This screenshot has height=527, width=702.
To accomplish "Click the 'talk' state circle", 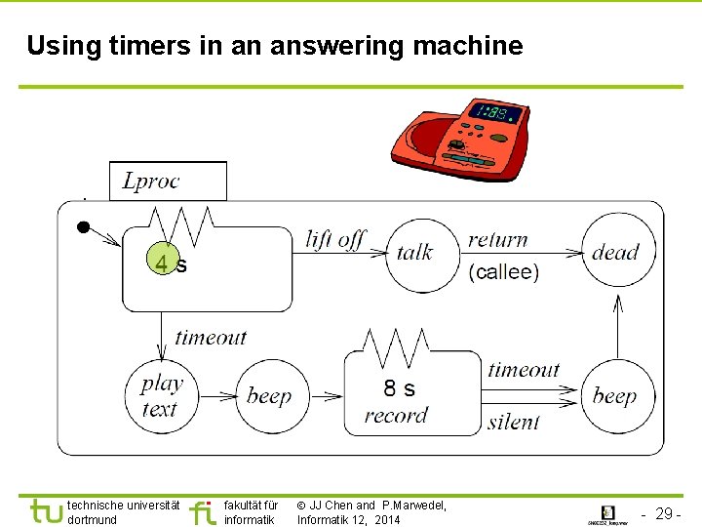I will (422, 256).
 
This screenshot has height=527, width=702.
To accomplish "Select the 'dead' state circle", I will (618, 253).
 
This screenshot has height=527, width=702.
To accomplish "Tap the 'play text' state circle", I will (161, 396).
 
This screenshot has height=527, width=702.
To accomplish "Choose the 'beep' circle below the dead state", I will (617, 396).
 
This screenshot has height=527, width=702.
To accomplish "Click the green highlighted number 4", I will (165, 263).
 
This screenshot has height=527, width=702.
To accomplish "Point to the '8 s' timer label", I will (399, 388).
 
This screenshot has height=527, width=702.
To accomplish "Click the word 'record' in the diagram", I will (396, 416).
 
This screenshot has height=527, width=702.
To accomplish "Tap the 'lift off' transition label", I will (334, 240).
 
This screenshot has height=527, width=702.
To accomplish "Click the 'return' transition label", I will (497, 240).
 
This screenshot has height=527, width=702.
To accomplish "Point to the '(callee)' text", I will (503, 272).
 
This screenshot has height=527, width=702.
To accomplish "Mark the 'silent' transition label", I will (513, 422).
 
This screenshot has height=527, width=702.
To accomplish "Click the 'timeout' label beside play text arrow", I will (211, 338).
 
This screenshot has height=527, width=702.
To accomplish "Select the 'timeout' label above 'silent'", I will (524, 370).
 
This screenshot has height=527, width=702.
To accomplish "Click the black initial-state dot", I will (84, 227).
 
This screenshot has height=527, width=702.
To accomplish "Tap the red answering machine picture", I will (459, 141).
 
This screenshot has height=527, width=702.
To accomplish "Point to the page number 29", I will (668, 513).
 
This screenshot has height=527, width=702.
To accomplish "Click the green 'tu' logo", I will (46, 511).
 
